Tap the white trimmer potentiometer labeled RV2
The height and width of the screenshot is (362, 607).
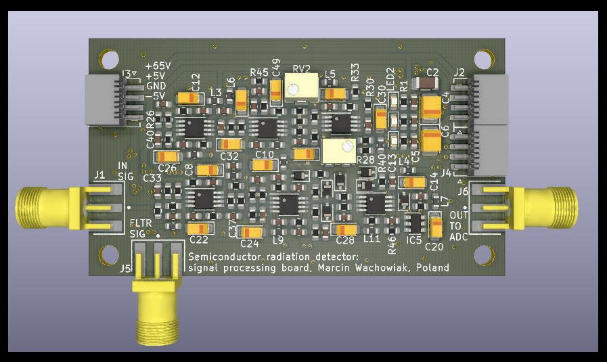tap(302, 86)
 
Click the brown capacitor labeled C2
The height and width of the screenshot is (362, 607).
tap(427, 83)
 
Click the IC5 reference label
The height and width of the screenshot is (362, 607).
tap(414, 240)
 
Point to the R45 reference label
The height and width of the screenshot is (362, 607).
tap(258, 72)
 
